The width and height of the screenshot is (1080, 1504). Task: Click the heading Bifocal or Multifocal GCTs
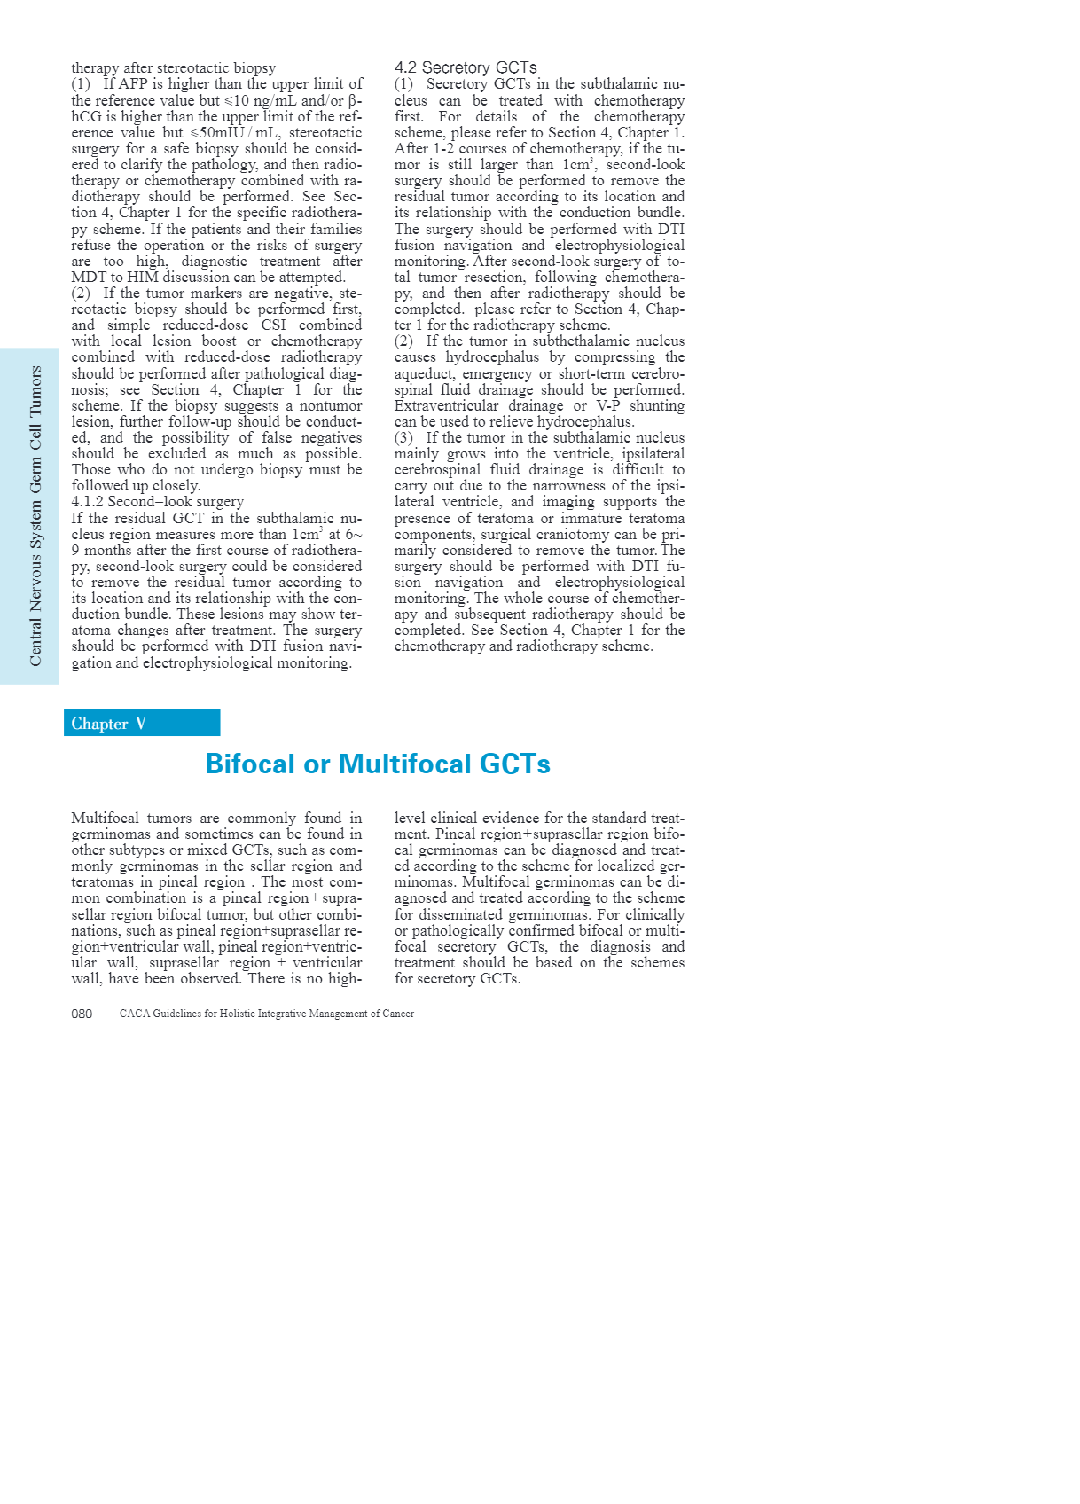tap(378, 764)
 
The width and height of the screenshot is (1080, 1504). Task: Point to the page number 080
tap(82, 1014)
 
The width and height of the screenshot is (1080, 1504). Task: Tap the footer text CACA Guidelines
tap(266, 1014)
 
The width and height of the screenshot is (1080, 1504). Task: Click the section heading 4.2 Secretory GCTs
tap(466, 67)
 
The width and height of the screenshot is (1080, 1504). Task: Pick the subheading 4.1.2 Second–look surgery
tap(157, 502)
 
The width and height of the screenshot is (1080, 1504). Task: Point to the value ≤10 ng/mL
tap(260, 100)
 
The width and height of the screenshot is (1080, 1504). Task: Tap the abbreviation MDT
tap(88, 277)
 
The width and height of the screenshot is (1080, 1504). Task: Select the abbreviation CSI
tap(273, 325)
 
